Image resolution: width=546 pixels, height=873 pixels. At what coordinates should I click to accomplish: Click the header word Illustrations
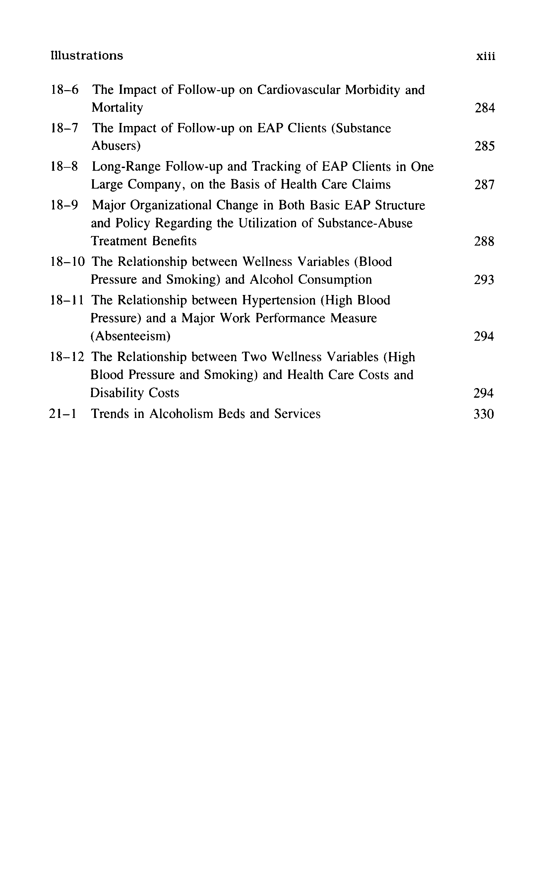87,56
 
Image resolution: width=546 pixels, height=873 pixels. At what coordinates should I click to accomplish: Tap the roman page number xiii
485,56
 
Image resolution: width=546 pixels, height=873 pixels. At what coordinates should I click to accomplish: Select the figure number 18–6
64,89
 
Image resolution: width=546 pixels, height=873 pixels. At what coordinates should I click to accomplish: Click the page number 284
485,108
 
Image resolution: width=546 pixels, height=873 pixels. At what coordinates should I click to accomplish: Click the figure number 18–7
64,128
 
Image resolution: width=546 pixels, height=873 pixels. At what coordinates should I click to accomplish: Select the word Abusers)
116,146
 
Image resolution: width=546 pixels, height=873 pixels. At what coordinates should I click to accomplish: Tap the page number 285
485,146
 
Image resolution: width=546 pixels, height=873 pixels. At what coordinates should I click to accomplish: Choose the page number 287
484,185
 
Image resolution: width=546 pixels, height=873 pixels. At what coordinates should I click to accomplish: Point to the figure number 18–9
64,205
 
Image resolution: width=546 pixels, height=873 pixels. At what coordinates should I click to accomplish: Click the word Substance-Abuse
365,223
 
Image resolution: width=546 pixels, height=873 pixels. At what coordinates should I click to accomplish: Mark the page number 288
484,241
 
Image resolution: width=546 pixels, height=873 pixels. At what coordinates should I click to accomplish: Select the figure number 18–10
67,262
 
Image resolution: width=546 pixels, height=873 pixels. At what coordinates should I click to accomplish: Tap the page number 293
484,280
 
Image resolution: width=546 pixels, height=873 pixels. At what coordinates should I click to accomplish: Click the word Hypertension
278,300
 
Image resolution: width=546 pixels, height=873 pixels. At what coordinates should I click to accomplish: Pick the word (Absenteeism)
130,336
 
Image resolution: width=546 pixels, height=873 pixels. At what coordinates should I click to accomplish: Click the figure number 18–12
67,357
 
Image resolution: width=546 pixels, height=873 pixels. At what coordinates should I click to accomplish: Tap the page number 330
484,414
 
